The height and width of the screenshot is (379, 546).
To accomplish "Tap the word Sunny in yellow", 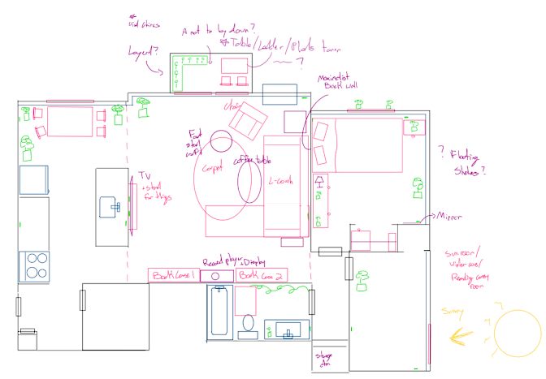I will [x=453, y=310].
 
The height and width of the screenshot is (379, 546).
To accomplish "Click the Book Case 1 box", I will [x=173, y=276].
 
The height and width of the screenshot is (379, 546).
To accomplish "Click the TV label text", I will [x=145, y=176].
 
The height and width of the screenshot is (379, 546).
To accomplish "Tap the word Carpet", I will [x=212, y=169].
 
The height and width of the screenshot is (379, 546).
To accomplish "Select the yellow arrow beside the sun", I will [x=464, y=334].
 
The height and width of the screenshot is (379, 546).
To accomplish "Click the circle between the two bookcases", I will [x=217, y=276].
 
